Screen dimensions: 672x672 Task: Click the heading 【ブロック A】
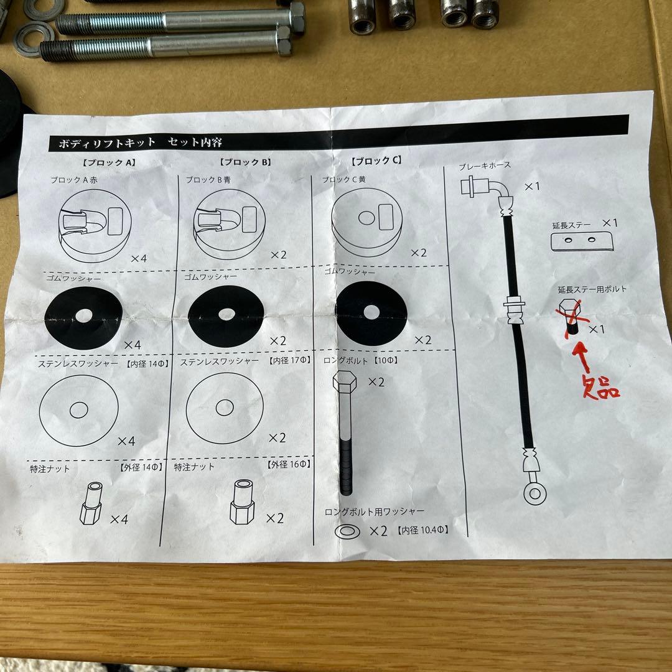[109, 162]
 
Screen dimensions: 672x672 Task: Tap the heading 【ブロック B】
[246, 162]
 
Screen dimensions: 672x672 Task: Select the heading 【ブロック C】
[376, 161]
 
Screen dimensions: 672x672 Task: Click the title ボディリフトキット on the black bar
[107, 142]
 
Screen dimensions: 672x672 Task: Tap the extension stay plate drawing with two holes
[582, 241]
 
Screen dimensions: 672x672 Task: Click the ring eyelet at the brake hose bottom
[534, 493]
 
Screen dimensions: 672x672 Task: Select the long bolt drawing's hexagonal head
[344, 382]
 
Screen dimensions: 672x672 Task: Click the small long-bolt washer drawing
[348, 532]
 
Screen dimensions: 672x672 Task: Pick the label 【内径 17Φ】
[290, 360]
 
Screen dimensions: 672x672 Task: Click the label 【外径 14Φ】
[141, 467]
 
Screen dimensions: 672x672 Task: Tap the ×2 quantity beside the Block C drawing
[418, 253]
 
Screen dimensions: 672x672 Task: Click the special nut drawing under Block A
[91, 503]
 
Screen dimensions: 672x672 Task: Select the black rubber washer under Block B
[226, 316]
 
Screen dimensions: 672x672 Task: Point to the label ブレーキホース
[485, 166]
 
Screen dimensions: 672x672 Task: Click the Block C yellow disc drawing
[367, 222]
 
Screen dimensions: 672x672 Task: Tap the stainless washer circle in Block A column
[79, 410]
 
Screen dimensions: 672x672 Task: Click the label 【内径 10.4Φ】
[422, 530]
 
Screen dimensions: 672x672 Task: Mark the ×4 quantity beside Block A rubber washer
[132, 345]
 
